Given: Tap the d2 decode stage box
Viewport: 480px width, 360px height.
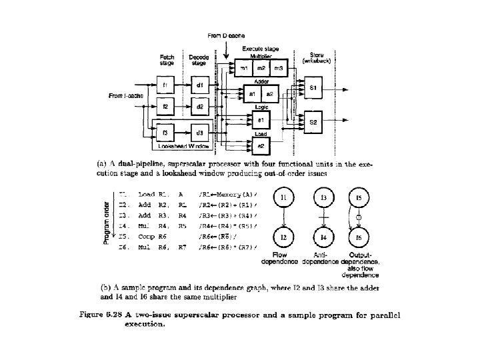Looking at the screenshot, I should [x=199, y=107].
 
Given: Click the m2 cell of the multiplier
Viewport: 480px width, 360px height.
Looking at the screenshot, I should [x=261, y=69].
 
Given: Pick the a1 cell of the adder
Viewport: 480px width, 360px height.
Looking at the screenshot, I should [x=253, y=95].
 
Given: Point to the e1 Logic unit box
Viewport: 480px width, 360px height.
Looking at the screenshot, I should [x=261, y=120].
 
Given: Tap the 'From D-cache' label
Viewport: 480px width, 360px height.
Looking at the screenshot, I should [x=225, y=35].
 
